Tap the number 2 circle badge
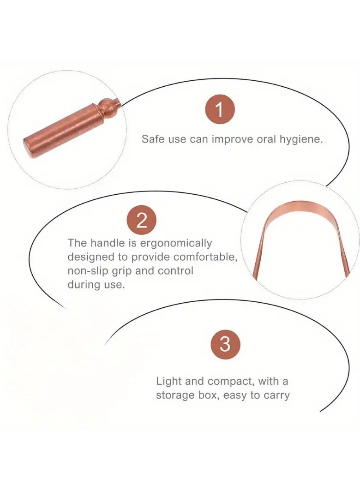[x=142, y=221]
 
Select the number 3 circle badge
[x=225, y=344]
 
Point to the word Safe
[x=152, y=139]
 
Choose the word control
[x=175, y=270]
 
